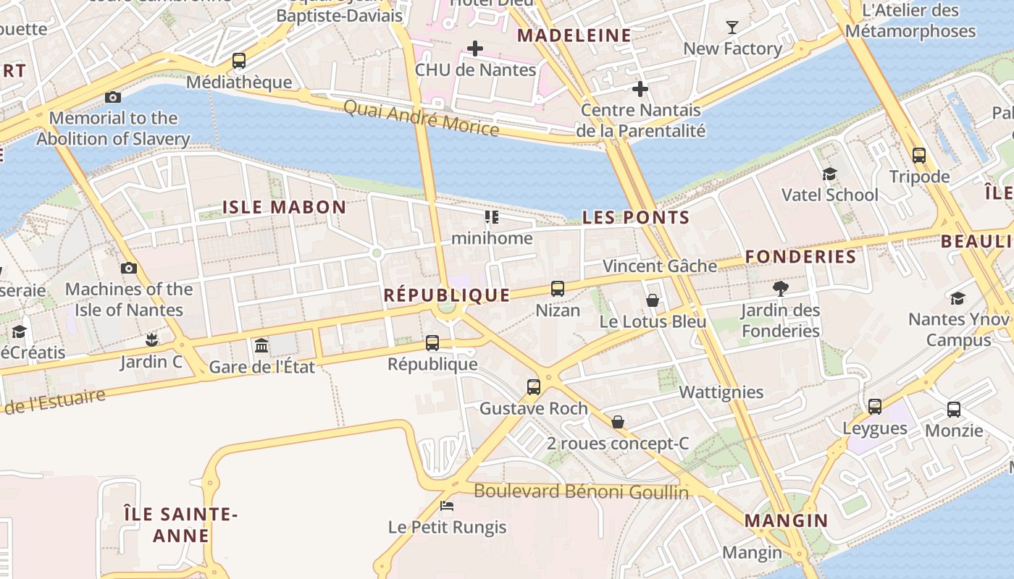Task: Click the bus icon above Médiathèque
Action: coord(239,61)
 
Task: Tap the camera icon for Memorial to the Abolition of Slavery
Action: coord(113,97)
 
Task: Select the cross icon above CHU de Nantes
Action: coord(475,48)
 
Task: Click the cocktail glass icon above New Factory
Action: coord(732,28)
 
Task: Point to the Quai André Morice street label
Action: coord(421,118)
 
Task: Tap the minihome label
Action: coord(492,238)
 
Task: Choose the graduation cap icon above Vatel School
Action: coord(829,174)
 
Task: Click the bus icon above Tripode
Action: coord(919,155)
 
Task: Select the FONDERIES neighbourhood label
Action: coord(800,257)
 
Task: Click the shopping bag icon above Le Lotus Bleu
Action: coord(653,300)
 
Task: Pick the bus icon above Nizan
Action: coord(558,289)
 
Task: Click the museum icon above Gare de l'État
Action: coord(261,345)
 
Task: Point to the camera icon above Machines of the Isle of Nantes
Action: coord(129,268)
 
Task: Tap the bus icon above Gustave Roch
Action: coord(534,386)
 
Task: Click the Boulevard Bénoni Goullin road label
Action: coord(581,492)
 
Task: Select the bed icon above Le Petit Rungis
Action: coord(447,505)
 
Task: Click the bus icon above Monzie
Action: coord(954,410)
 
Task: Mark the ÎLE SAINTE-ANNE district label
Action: coord(180,525)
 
